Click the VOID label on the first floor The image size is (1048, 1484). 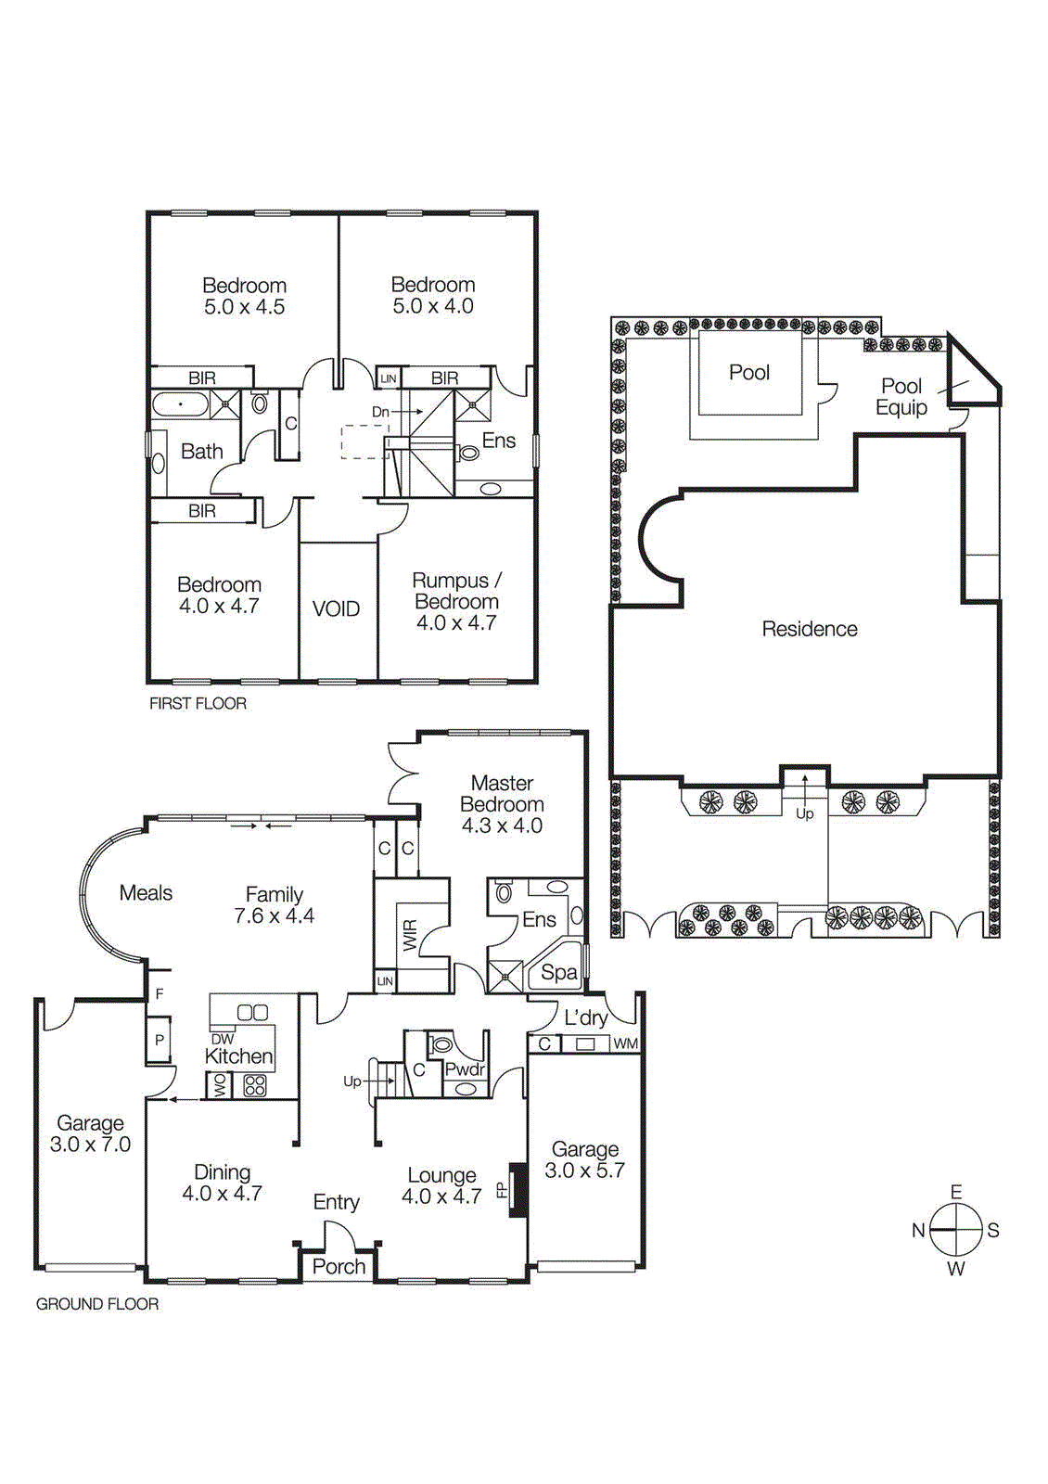click(336, 609)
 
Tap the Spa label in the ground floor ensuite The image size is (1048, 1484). click(559, 972)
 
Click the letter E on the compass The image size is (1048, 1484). click(956, 1192)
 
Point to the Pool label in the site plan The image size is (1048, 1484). click(749, 373)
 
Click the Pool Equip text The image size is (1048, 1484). click(901, 397)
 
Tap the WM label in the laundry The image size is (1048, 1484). click(626, 1043)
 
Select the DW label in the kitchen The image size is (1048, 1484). click(223, 1039)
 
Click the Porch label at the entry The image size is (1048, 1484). click(339, 1267)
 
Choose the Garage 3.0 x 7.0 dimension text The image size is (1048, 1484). click(90, 1145)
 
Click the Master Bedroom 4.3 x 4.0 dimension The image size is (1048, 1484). click(502, 825)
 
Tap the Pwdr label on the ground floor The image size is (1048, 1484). click(465, 1069)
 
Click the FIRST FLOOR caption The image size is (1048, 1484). click(198, 704)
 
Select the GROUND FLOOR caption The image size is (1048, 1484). click(97, 1304)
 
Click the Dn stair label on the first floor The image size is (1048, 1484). click(380, 412)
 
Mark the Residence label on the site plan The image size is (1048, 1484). click(809, 629)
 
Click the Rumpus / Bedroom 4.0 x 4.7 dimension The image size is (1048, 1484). click(456, 623)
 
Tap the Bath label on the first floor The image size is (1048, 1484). click(201, 452)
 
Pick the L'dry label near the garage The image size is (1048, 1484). click(586, 1017)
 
